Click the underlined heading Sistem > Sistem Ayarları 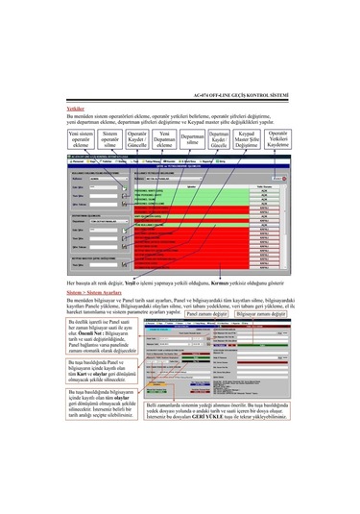94,292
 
